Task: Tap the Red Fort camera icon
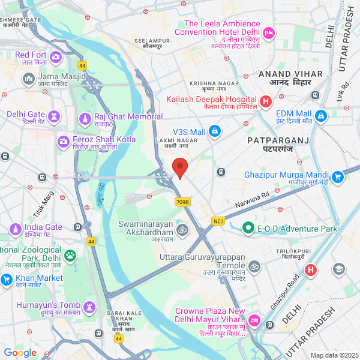[56, 57]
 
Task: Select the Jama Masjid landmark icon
[28, 79]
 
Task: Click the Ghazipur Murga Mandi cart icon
[338, 176]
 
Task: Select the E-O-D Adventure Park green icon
[247, 228]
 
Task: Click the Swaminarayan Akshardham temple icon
[181, 229]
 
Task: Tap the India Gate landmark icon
[16, 229]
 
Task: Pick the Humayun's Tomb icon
[89, 307]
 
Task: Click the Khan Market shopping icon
[7, 279]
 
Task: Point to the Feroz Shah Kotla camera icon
[63, 142]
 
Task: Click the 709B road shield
[182, 202]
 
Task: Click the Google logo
[20, 352]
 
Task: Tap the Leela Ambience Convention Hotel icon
[269, 31]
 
